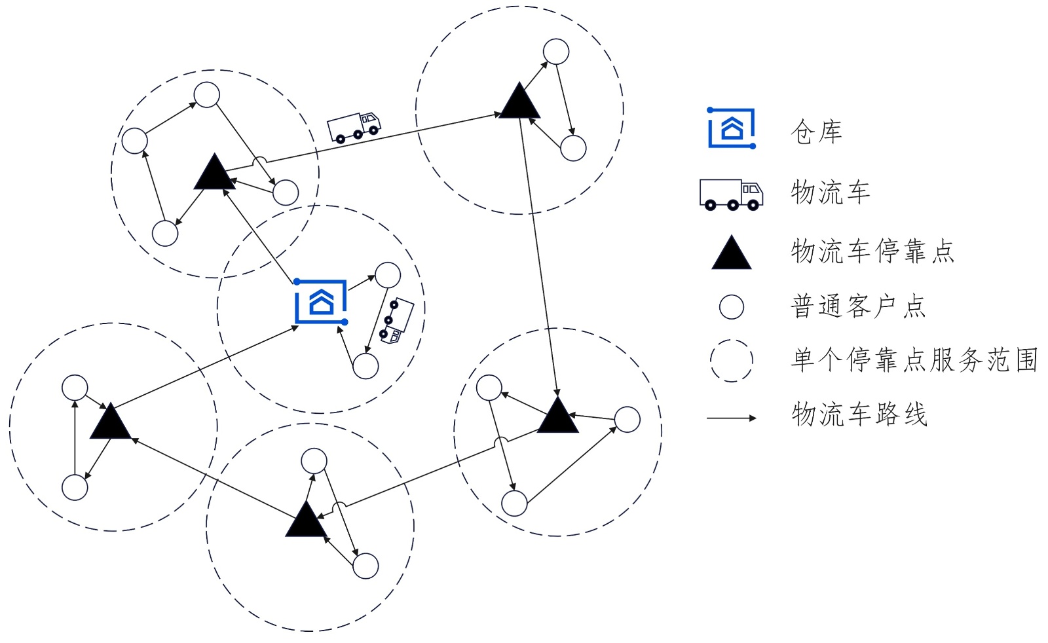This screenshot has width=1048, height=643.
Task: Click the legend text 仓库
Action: (x=816, y=132)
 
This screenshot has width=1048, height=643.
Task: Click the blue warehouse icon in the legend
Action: (x=732, y=128)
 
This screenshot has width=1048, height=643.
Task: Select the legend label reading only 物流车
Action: (x=831, y=193)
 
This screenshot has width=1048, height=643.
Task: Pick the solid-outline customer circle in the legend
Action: (x=731, y=306)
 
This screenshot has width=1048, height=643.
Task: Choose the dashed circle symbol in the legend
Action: (x=731, y=360)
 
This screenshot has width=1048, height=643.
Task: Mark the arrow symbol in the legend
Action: (x=731, y=418)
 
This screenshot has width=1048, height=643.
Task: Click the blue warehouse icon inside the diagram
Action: (x=321, y=302)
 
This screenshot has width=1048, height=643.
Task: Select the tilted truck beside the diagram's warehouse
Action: (x=397, y=321)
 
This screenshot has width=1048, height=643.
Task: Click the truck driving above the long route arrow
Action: (x=354, y=126)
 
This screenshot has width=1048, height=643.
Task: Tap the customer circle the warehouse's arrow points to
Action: (x=388, y=275)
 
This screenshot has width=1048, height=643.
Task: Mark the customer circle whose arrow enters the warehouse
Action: (x=365, y=366)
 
